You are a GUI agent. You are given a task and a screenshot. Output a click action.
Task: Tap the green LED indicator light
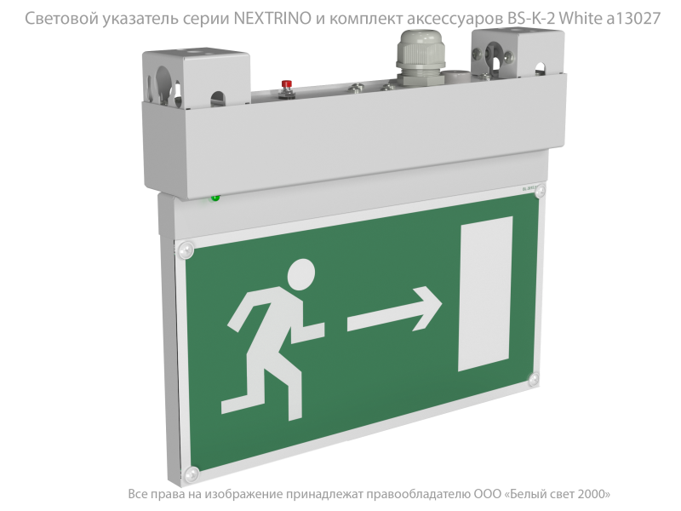[215, 198]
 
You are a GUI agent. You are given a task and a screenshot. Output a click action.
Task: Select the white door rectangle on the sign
[485, 294]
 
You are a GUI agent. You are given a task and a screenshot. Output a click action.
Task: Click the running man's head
[301, 275]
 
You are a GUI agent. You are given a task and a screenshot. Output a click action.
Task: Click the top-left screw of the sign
[184, 249]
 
